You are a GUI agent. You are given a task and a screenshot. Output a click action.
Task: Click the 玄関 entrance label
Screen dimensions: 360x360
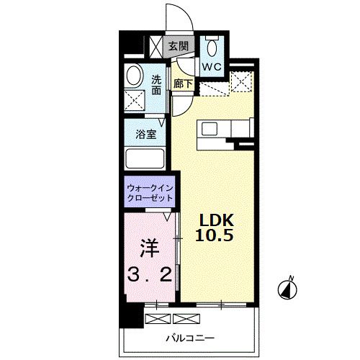coord(179,46)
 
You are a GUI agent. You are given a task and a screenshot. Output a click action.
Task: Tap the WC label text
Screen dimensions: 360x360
coord(212,67)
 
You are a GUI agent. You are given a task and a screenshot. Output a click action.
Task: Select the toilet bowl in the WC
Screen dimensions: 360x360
coord(212,48)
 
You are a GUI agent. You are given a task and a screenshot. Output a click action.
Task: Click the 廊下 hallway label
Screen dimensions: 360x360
coord(183,84)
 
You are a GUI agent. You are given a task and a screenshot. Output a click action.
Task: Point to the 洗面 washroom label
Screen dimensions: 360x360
coord(156,85)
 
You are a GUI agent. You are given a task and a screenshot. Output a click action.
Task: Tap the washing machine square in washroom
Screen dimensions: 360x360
coord(135,100)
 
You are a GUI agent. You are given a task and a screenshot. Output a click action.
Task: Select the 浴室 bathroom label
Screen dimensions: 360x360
coord(146,135)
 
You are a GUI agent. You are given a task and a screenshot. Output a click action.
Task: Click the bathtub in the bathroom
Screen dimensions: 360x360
coord(145,158)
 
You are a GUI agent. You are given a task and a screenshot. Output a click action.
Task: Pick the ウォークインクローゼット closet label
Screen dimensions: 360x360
coord(150,193)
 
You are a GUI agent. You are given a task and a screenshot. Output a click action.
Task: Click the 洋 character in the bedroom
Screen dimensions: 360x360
coord(150,248)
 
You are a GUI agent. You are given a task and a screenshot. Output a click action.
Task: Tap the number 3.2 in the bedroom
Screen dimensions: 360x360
coord(150,274)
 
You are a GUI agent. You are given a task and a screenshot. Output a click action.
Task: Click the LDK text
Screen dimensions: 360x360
coord(217,220)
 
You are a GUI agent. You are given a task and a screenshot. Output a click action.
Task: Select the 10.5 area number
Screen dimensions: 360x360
coord(214,235)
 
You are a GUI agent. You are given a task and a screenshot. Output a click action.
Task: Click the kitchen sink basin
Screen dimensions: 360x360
coord(210,129)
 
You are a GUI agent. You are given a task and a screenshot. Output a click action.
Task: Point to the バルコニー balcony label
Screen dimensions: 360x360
coord(190,338)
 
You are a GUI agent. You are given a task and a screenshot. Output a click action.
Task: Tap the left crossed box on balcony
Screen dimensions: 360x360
coord(158,319)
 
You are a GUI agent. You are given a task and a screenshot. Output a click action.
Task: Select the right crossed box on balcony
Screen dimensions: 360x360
coord(186,319)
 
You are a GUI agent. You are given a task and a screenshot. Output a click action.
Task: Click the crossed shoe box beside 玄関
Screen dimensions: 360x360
coord(156,46)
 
